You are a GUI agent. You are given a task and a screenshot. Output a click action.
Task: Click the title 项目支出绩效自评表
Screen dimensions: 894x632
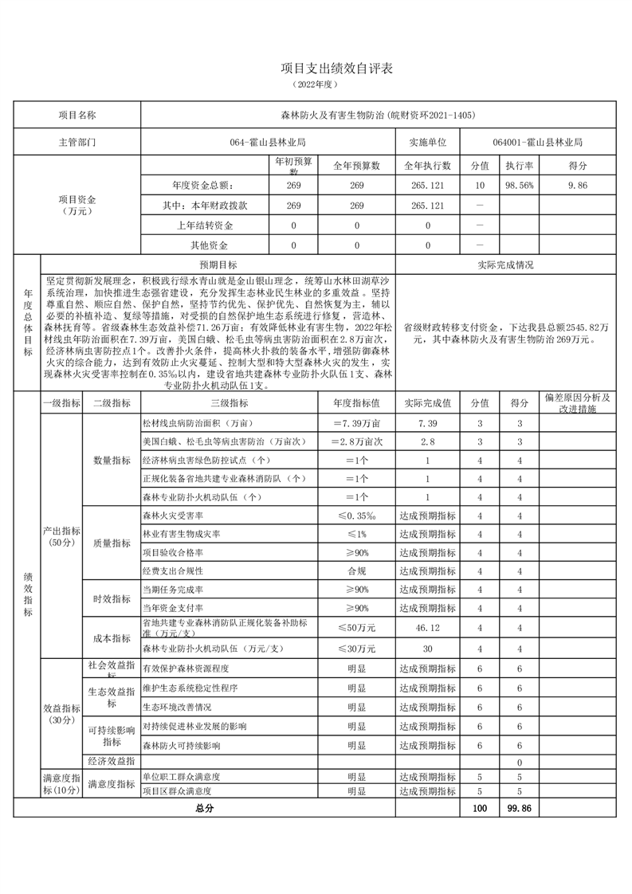[316, 69]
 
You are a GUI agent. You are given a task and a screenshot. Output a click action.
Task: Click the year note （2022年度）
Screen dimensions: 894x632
[316, 84]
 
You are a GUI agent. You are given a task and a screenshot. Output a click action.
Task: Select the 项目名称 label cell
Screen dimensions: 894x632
[77, 115]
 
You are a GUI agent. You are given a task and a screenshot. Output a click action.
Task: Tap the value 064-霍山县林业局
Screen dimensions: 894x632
[268, 142]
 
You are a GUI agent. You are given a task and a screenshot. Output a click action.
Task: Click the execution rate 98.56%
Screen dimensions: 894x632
[519, 185]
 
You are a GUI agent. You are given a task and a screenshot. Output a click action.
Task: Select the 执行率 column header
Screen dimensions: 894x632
[519, 166]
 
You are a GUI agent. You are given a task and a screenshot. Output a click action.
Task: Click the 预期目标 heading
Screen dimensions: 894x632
[218, 265]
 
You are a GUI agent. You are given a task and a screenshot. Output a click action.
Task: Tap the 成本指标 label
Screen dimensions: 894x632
[112, 638]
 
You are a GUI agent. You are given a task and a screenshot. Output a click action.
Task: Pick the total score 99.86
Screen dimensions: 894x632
[519, 807]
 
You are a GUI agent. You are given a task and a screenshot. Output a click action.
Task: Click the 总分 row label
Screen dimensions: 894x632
[205, 807]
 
